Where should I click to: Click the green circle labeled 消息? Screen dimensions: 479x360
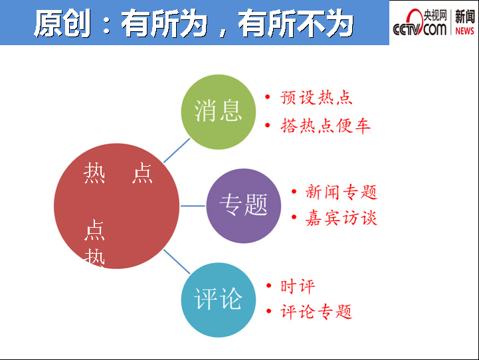click(x=219, y=112)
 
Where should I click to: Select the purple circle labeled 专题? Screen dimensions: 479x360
click(x=243, y=206)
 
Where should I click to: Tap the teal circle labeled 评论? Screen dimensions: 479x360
click(x=219, y=300)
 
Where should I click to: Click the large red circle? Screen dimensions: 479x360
click(x=116, y=206)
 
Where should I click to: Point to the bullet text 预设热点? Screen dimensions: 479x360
click(x=316, y=98)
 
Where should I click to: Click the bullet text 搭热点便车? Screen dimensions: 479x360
click(x=326, y=126)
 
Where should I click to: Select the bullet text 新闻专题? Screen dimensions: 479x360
click(x=341, y=192)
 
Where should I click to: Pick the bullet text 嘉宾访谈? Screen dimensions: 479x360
click(x=341, y=218)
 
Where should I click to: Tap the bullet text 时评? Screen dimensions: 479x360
click(x=298, y=286)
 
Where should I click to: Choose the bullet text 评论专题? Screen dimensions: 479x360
click(x=316, y=312)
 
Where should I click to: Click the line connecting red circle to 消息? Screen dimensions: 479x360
click(x=177, y=150)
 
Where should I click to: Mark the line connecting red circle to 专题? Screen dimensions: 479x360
click(x=193, y=206)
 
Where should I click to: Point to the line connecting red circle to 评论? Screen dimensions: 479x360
click(x=177, y=262)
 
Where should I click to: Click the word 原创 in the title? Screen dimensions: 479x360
click(x=62, y=23)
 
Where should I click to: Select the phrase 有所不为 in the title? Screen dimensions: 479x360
click(x=296, y=23)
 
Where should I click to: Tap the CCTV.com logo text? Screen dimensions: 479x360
click(x=420, y=23)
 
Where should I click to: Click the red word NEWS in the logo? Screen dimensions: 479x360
click(x=464, y=31)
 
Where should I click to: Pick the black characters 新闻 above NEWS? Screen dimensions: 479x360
click(x=465, y=17)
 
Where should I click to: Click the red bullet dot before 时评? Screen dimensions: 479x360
click(x=269, y=286)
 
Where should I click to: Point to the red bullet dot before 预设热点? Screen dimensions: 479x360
click(x=268, y=97)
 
